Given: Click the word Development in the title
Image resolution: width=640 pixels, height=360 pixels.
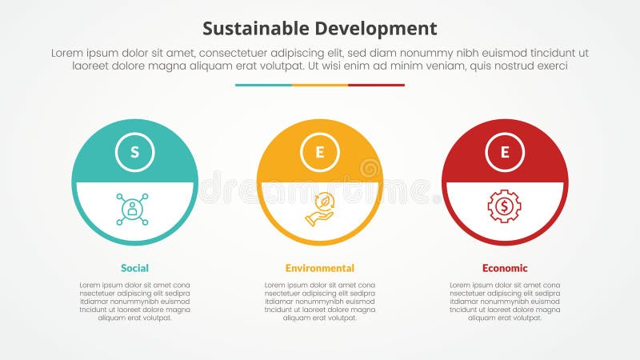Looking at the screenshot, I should pyautogui.click(x=374, y=29).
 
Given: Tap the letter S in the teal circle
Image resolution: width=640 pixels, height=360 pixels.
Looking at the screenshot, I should pyautogui.click(x=134, y=152).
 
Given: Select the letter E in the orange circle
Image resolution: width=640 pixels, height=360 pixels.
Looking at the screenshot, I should pyautogui.click(x=320, y=152).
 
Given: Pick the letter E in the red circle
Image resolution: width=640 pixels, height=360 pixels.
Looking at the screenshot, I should pyautogui.click(x=505, y=152).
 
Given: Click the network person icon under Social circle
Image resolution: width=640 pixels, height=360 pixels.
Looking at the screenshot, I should pyautogui.click(x=132, y=209).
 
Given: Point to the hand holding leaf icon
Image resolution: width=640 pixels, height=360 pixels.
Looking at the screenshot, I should pyautogui.click(x=319, y=210).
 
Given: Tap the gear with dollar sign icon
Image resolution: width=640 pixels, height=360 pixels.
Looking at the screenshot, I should pyautogui.click(x=504, y=207).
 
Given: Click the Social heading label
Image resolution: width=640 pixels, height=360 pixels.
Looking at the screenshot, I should pyautogui.click(x=134, y=268).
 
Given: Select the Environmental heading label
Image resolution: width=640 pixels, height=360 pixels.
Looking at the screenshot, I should pyautogui.click(x=320, y=268).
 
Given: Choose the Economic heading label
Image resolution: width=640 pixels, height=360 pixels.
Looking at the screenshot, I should pyautogui.click(x=505, y=268).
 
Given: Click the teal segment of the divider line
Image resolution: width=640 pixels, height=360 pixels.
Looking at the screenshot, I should pyautogui.click(x=263, y=85).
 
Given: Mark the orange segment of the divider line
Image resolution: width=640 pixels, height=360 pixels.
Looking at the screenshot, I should pyautogui.click(x=320, y=85).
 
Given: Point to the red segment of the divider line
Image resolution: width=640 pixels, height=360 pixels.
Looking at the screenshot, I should pyautogui.click(x=376, y=85).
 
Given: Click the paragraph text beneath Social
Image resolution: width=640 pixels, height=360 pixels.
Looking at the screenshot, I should pyautogui.click(x=134, y=302).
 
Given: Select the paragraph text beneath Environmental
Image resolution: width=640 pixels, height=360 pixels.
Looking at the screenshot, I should pyautogui.click(x=320, y=302).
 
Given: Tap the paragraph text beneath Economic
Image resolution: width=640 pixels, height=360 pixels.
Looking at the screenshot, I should pyautogui.click(x=505, y=302).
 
